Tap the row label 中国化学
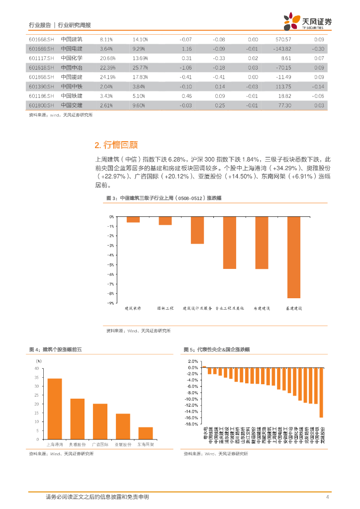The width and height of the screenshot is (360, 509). click(x=72, y=58)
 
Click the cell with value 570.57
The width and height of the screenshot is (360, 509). click(x=283, y=39)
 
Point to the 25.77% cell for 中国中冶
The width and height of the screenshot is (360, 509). click(x=140, y=67)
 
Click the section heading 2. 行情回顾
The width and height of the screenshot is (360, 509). click(x=116, y=145)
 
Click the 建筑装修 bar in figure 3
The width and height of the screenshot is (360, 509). click(x=133, y=219)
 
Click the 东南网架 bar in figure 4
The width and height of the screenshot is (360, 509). click(x=145, y=433)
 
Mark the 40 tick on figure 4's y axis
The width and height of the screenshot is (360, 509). click(x=36, y=368)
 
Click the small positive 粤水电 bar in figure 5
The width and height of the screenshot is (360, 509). click(x=204, y=367)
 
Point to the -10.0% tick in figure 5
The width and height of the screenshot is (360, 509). click(x=191, y=399)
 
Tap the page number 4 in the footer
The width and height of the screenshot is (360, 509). click(x=327, y=497)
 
